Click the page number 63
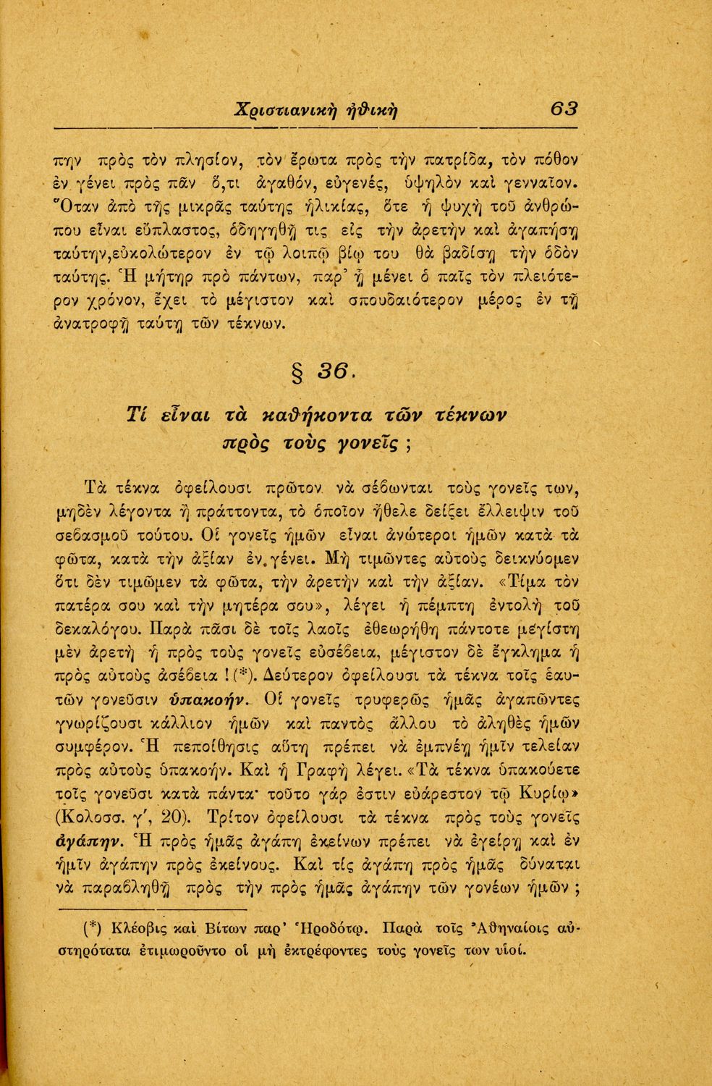564,108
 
